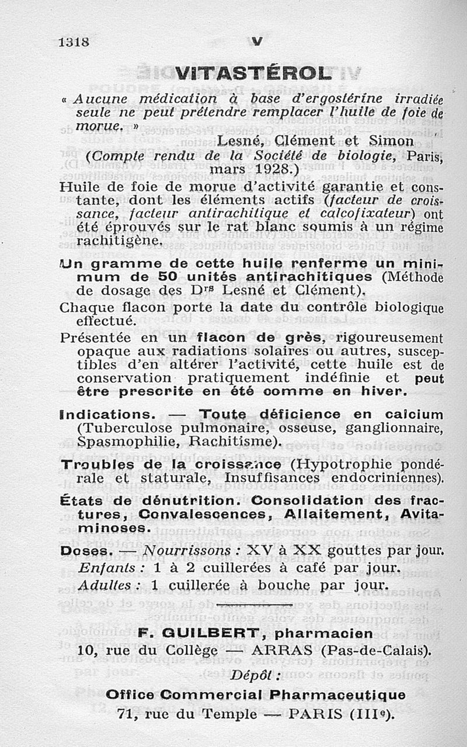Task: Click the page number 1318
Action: click(x=74, y=42)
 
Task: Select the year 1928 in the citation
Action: click(x=270, y=169)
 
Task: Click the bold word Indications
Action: click(x=107, y=414)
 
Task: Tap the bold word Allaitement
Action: click(x=339, y=515)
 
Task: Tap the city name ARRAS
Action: click(x=280, y=650)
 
